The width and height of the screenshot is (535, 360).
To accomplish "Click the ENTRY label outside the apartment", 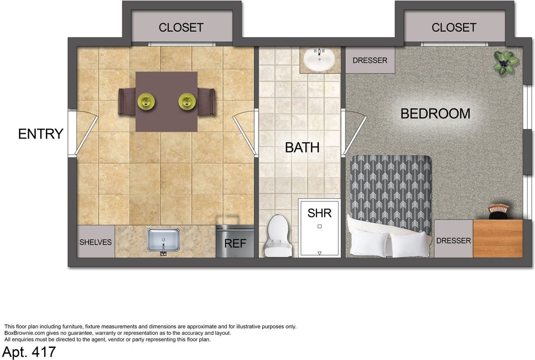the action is [41, 134].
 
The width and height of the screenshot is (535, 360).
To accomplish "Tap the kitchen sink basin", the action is [163, 240].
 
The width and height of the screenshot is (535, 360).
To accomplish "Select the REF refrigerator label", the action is [235, 243].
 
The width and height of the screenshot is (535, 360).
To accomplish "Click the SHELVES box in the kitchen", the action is [96, 242].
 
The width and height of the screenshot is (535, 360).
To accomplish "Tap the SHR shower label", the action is [319, 213].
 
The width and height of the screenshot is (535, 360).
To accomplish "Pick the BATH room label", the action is [302, 147].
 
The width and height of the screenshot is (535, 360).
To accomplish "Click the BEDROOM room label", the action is [435, 113].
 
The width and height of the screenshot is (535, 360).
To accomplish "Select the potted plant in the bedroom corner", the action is [505, 63].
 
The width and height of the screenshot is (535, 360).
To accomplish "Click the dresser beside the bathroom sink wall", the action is [370, 60].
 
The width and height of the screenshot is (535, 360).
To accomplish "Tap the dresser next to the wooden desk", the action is [453, 239].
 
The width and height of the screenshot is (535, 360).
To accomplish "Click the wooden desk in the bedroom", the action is [498, 239].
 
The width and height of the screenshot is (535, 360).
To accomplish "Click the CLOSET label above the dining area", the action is [181, 27].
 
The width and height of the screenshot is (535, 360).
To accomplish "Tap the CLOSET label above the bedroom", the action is [454, 27].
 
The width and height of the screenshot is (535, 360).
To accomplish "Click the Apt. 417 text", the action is [29, 352].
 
